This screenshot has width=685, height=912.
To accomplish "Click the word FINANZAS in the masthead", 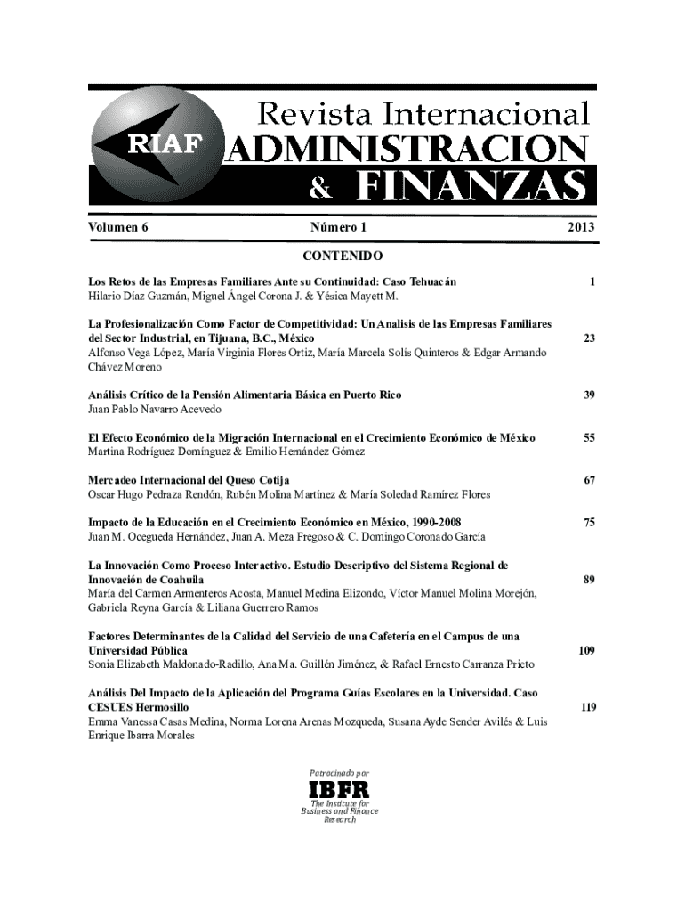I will click(472, 187).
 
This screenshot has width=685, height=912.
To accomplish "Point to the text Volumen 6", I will click(117, 227).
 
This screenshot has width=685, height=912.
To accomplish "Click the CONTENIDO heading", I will click(342, 256).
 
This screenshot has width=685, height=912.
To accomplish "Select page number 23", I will click(589, 338).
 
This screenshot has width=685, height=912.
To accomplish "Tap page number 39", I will click(589, 395).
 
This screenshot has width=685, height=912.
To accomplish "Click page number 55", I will click(589, 437).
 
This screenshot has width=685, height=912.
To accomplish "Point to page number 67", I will click(589, 480).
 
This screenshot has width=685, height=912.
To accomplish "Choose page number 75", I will click(589, 523).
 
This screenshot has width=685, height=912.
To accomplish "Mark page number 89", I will click(589, 580).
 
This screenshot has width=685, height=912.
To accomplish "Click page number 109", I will click(586, 651).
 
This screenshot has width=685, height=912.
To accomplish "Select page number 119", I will click(586, 707).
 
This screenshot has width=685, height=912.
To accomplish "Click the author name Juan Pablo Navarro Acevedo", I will click(154, 409).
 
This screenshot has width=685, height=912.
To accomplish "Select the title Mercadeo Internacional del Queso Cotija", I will click(189, 480).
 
